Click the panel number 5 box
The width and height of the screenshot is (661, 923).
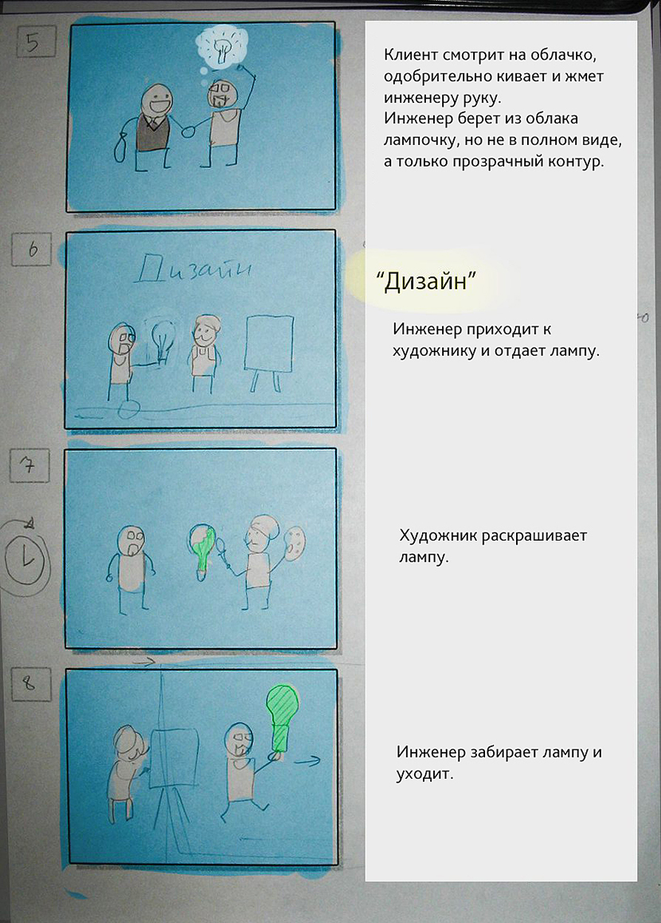coord(32,41)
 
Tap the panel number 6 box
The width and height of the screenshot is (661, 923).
coord(33,249)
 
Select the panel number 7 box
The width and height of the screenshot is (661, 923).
coord(30,467)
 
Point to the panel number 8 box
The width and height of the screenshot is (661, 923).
coord(29,682)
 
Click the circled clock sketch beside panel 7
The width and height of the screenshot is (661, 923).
coord(27,557)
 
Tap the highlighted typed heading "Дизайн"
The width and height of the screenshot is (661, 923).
coord(425,282)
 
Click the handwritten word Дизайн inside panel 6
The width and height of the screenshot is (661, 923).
coord(194,270)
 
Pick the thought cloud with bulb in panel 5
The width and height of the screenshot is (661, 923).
coord(222,49)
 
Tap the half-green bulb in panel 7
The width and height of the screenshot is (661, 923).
coord(204,546)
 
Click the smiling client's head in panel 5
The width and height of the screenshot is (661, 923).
coord(154,100)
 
